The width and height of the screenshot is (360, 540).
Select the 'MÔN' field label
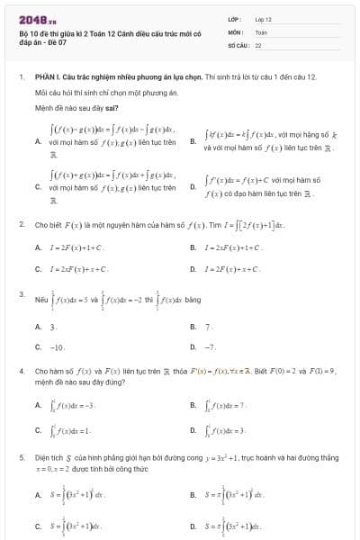coord(231,31)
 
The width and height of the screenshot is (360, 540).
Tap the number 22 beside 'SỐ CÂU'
coord(258,44)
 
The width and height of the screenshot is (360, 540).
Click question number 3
coord(22,293)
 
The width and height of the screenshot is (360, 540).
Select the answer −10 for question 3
coord(58,346)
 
